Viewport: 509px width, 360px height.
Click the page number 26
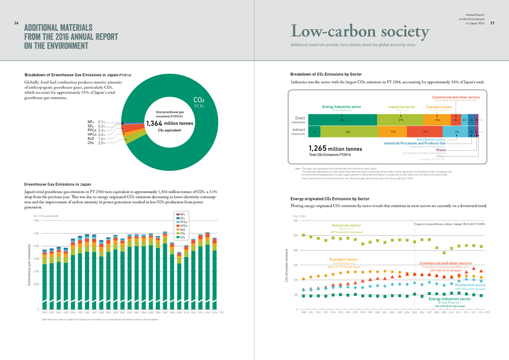click(16, 23)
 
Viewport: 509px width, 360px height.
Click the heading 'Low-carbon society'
click(360, 31)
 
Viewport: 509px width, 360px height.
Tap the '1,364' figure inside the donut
click(154, 123)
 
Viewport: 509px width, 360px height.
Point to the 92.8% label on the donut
click(199, 106)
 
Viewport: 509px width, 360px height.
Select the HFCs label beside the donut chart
click(91, 135)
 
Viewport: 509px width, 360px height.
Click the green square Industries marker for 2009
click(444, 253)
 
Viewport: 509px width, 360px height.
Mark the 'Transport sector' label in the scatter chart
click(343, 260)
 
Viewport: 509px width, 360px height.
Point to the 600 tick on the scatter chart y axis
click(295, 221)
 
